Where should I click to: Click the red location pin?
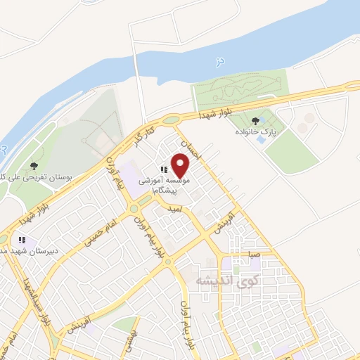coord(181,166)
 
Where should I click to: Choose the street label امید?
coord(175,209)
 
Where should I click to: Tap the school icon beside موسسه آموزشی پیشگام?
coord(164,169)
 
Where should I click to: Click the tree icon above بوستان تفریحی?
coord(34,166)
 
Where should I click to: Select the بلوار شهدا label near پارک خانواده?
coord(214,113)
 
